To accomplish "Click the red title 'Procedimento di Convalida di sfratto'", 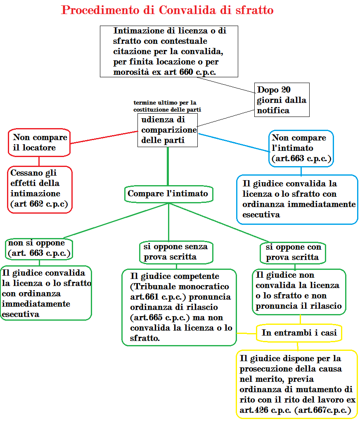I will pos(167,10).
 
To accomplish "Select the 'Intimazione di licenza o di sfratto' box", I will pos(169,51).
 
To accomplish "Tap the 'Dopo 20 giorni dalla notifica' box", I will pos(282,100).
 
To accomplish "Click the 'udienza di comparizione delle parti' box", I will pos(168,130).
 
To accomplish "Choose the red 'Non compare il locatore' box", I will pos(39,143).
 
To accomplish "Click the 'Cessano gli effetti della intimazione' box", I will pos(40,189).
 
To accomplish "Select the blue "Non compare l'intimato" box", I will pos(301,148).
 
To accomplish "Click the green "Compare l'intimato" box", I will pos(168,194).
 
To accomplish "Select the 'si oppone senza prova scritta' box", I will pos(176,252).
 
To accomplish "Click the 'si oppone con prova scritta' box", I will pos(293,252).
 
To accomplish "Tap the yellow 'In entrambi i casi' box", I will pos(299,333).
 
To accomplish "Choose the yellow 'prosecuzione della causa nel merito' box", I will pos(297,384).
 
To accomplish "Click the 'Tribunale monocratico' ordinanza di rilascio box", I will pos(179,307).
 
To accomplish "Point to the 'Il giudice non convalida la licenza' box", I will pos(299,291).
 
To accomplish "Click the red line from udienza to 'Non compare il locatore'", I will pos(103,137).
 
